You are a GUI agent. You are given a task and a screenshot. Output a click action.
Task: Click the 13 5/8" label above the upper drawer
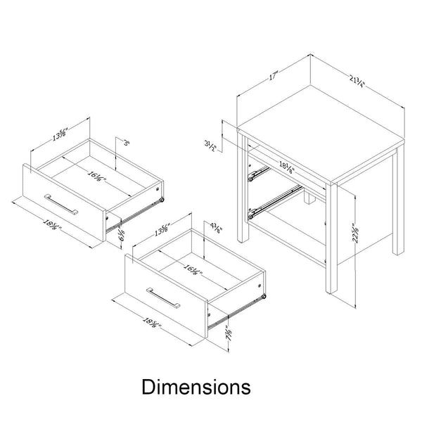60,134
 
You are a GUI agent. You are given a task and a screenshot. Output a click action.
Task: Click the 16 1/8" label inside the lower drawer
191,269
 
